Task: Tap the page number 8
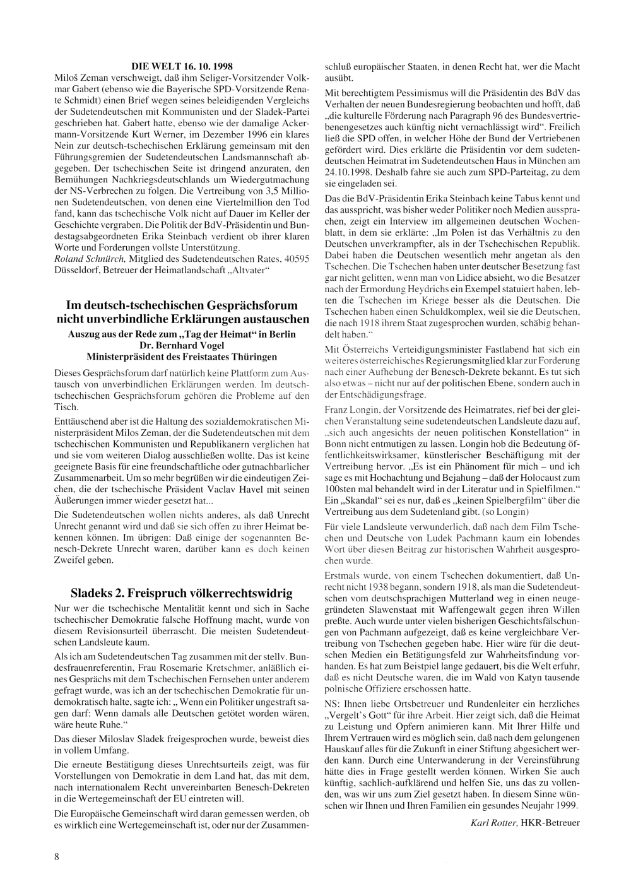[57, 856]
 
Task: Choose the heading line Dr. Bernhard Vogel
[182, 345]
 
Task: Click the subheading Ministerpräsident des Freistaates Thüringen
[182, 356]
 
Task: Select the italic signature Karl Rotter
[491, 822]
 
